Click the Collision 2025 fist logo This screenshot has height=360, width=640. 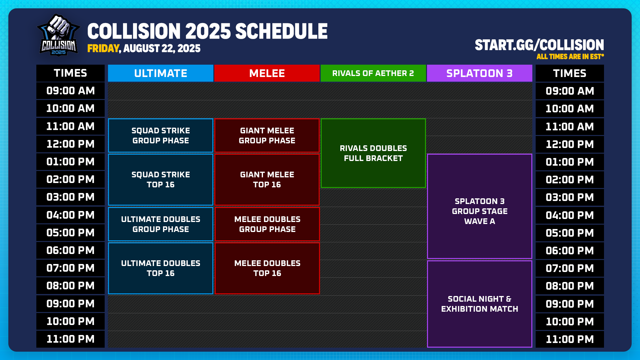(59, 35)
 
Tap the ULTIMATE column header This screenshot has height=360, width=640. (160, 73)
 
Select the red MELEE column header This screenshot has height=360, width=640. (267, 73)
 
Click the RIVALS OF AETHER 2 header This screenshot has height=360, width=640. (373, 73)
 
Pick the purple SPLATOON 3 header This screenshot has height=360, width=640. (479, 73)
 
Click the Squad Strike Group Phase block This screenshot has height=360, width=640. (160, 136)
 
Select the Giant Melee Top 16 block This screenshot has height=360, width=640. (267, 179)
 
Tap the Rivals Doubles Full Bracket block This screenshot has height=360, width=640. (373, 153)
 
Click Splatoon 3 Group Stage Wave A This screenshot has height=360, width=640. (479, 211)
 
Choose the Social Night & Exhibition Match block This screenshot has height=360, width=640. (479, 304)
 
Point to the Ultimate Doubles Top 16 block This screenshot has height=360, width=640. (160, 268)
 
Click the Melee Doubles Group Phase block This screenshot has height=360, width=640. (267, 224)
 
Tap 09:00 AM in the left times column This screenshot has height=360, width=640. (70, 91)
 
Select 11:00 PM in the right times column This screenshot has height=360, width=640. (570, 339)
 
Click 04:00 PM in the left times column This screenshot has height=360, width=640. (70, 215)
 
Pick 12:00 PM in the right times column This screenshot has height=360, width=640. (570, 144)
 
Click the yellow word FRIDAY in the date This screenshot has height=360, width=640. (103, 49)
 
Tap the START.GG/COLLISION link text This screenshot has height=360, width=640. (539, 45)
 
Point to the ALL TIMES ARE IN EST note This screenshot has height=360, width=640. (570, 57)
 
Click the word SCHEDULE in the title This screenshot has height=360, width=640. (281, 31)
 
